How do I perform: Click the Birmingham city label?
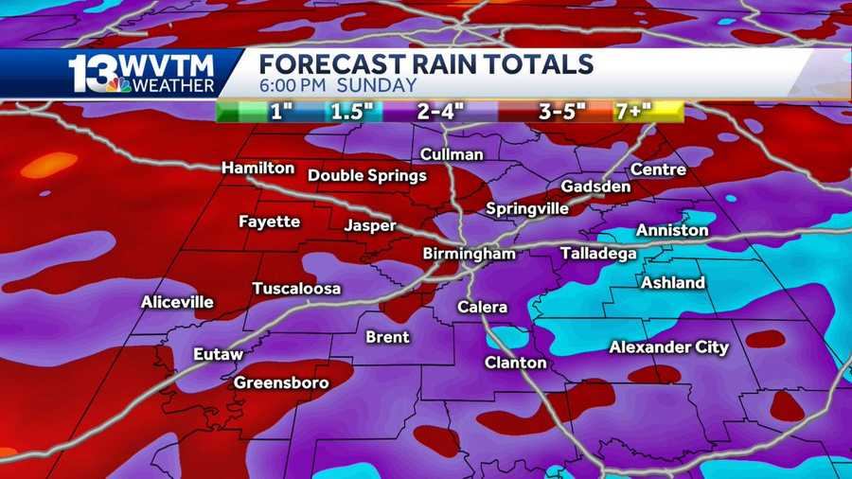coord(470,254)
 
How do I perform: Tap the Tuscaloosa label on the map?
coord(296,289)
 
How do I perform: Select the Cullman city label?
coord(452,154)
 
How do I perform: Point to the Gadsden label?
coord(595,186)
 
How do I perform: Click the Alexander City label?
coord(668,347)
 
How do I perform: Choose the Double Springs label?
coord(367,175)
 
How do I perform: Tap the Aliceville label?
coord(177,303)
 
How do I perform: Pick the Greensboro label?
coord(281,382)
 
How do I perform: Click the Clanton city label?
coord(516,363)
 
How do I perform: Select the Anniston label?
coord(672,230)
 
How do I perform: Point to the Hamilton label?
coord(257,168)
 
